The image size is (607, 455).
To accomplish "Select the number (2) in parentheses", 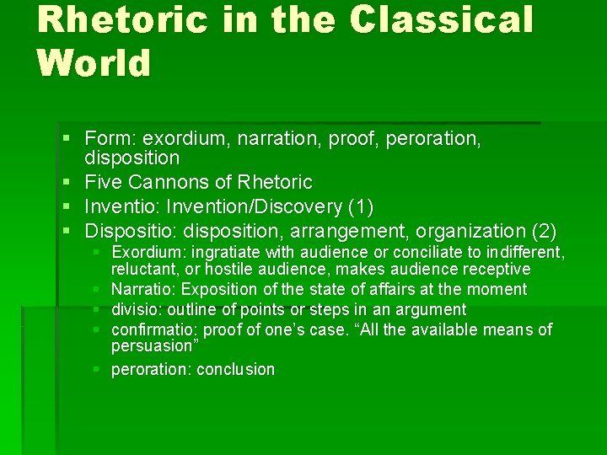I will tap(543, 230).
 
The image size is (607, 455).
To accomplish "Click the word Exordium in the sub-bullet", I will tap(144, 252).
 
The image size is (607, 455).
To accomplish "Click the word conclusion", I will tap(235, 369).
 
